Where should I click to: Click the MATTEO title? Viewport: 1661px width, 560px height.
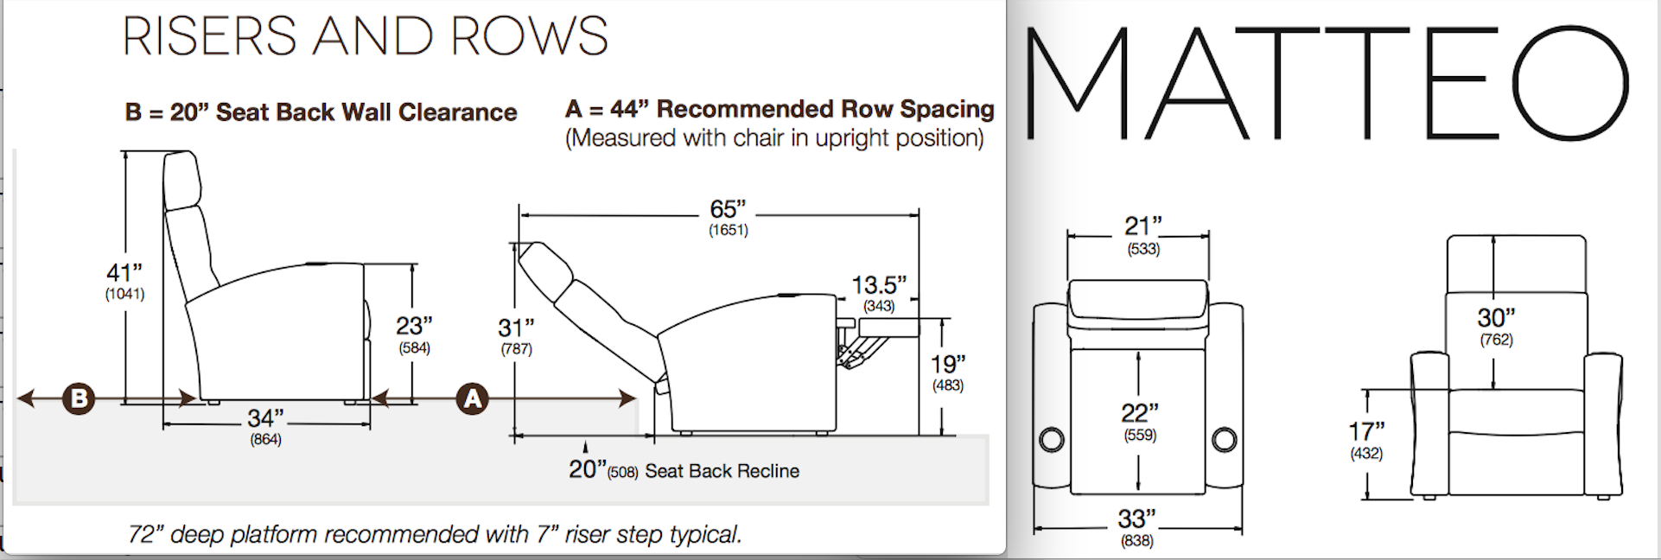click(1327, 84)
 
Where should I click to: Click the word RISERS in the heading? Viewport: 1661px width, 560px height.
click(209, 36)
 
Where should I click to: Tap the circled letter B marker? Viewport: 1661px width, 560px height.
click(79, 398)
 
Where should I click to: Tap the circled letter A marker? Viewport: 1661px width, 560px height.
click(473, 398)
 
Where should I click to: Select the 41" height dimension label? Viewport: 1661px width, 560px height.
click(124, 274)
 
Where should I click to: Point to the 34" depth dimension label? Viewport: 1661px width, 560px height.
click(265, 419)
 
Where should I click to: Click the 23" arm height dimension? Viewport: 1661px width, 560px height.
click(414, 327)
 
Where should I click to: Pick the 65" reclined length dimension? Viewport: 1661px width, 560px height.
click(728, 210)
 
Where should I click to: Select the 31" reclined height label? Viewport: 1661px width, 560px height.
click(516, 328)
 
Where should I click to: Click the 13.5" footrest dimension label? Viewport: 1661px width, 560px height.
click(879, 285)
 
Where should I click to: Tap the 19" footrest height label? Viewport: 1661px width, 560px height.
click(948, 365)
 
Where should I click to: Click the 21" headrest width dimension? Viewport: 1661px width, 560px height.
click(1142, 227)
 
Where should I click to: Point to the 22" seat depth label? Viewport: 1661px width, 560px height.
click(1140, 414)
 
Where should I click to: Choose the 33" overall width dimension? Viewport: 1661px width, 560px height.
click(1136, 519)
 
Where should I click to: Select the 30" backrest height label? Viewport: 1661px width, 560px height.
click(1496, 319)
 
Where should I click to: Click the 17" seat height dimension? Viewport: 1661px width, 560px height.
click(1366, 431)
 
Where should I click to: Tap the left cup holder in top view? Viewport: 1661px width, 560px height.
click(1052, 440)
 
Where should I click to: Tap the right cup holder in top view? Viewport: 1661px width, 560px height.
click(1224, 440)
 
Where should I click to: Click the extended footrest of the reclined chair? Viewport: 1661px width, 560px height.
click(888, 327)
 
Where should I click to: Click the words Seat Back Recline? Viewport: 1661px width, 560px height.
click(722, 471)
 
